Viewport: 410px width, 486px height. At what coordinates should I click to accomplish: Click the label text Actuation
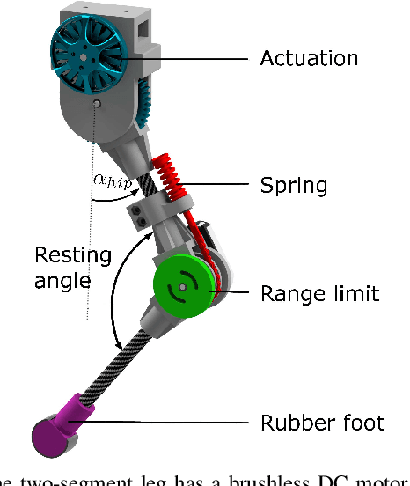[x=309, y=59]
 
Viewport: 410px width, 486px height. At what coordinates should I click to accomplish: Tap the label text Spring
[x=293, y=186]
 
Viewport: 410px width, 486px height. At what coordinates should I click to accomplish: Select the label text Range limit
[x=320, y=293]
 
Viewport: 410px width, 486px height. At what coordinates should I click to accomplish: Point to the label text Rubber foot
[x=322, y=423]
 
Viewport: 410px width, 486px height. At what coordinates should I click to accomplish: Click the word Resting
[x=73, y=256]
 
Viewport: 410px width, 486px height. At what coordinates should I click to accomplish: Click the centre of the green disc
[x=184, y=285]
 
